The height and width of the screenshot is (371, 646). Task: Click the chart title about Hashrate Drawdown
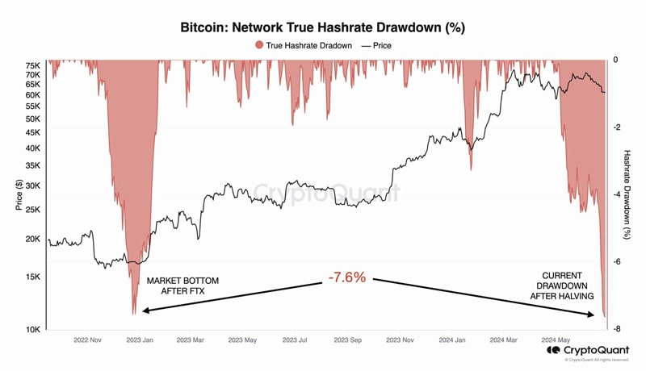(322, 27)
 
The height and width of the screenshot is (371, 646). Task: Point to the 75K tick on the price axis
(33, 65)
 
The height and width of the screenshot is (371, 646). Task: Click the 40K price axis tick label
(33, 148)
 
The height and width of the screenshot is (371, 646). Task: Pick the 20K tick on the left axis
(33, 239)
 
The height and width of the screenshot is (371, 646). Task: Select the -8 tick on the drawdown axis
(615, 329)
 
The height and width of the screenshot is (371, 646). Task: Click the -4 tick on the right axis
(615, 194)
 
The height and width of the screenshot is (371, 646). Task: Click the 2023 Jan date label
(140, 340)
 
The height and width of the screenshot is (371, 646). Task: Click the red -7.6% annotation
(346, 277)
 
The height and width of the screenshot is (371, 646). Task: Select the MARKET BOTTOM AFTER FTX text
(182, 287)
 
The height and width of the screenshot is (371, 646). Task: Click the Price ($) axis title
(19, 194)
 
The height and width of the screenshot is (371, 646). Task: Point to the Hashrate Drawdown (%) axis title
(627, 194)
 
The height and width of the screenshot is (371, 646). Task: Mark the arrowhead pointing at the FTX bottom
(143, 311)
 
